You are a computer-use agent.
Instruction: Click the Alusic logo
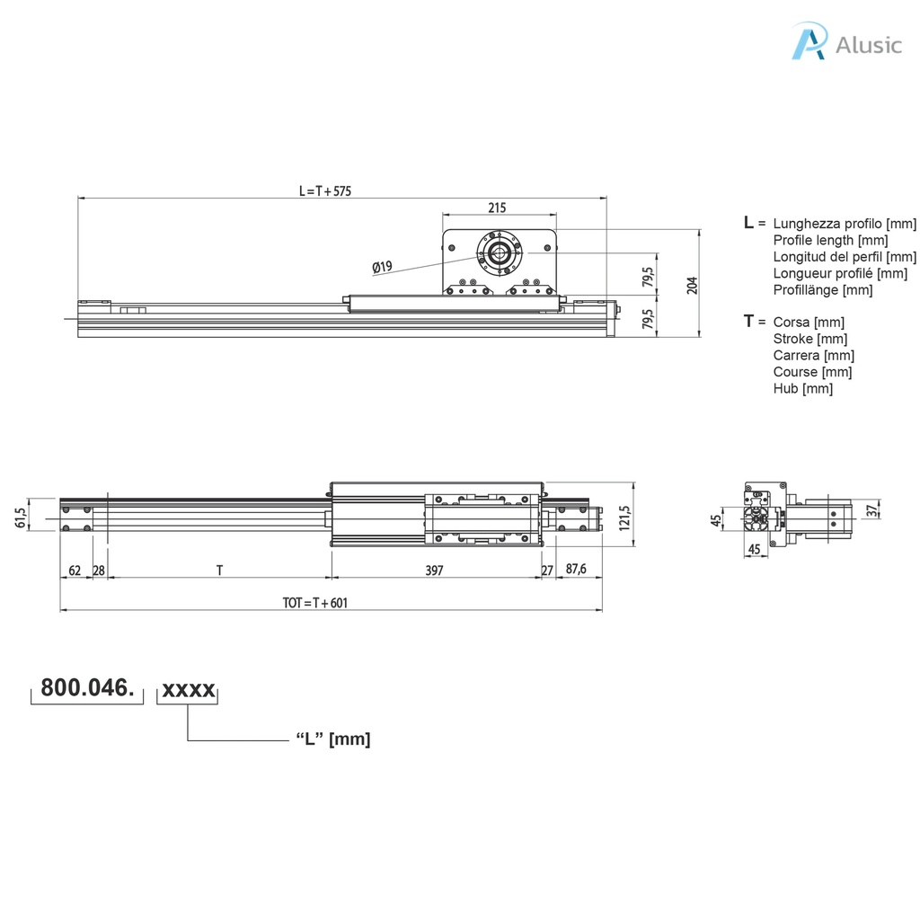coord(845,44)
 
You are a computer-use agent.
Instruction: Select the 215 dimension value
coord(497,208)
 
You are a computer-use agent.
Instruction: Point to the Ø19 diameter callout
coord(382,267)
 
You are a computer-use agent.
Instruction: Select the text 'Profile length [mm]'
coord(830,240)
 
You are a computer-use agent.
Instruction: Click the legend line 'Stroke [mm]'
coord(809,339)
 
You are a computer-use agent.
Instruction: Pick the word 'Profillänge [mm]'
coord(822,289)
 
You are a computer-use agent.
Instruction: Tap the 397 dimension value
coord(435,571)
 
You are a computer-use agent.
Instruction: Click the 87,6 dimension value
coord(576,571)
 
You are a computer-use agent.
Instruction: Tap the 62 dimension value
coord(75,571)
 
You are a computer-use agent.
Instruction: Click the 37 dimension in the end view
coord(871,510)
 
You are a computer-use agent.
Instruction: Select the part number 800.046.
coord(88,689)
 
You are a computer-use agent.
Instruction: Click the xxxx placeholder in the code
coord(188,689)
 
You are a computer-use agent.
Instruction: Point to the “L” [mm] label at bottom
coord(332,739)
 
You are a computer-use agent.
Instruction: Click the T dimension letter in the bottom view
coord(219,571)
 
